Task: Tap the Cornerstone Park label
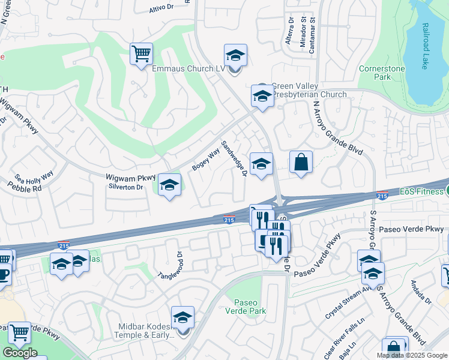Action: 382,73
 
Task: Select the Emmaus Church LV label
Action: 192,70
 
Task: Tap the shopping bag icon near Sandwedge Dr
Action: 301,163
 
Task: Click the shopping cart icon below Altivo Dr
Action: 141,54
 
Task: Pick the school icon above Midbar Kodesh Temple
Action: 183,318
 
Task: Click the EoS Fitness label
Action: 423,192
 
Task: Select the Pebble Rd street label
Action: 25,188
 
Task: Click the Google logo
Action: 19,352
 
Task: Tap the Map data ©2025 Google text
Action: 412,355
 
